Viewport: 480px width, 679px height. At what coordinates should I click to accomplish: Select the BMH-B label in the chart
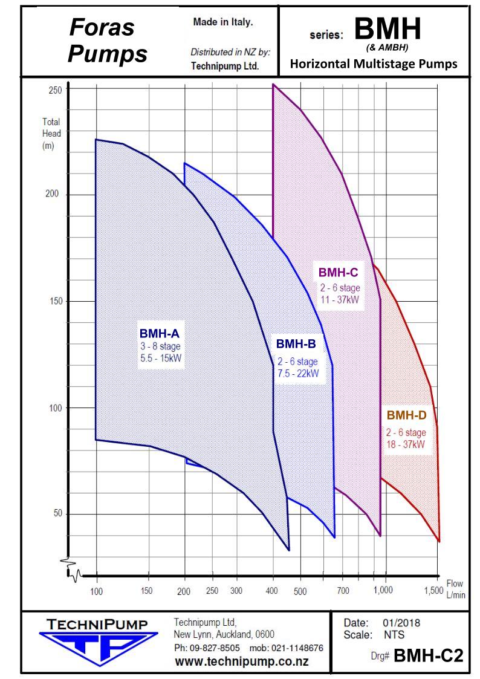click(296, 343)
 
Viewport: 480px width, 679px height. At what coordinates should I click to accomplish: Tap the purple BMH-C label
click(339, 272)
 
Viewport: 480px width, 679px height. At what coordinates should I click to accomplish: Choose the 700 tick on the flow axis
click(343, 591)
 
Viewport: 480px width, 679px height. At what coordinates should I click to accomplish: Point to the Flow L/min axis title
click(456, 589)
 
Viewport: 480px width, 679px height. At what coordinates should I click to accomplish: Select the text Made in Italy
click(223, 22)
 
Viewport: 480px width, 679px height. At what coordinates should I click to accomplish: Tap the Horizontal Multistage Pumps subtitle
click(374, 64)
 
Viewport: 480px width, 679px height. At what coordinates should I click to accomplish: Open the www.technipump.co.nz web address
click(241, 661)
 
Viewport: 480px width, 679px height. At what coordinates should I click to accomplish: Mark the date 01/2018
click(401, 623)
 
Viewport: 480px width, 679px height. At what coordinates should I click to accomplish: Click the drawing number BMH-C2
click(429, 656)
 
